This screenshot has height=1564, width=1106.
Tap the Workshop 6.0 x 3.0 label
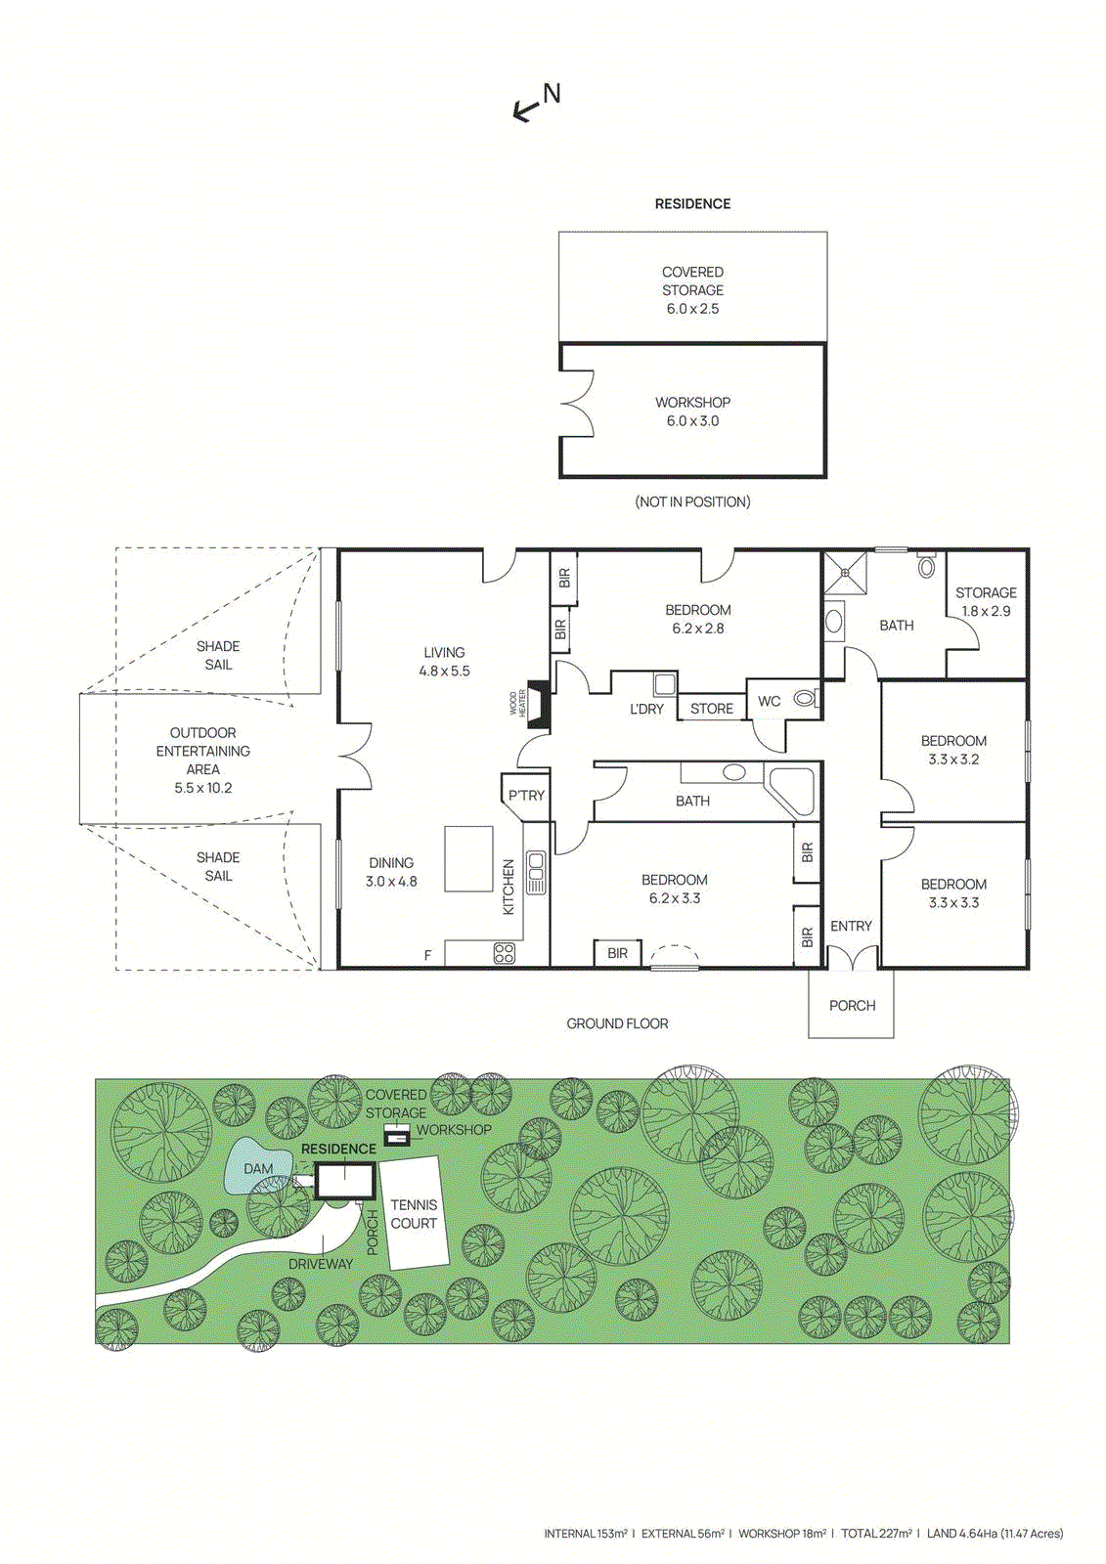692,412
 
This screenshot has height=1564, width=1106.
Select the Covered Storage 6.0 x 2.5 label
692,289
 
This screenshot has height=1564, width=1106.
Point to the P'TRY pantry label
525,795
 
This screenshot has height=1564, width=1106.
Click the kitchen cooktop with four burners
504,953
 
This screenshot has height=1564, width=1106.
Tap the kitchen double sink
536,873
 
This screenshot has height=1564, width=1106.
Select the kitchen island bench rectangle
468,858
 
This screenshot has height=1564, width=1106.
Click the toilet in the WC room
804,698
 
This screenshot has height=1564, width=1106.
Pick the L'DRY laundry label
646,709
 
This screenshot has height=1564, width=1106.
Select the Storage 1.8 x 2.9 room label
985,601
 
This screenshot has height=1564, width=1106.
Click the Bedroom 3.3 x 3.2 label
952,750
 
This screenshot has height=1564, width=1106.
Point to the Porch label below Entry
852,1005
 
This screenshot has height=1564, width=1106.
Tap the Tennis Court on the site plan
414,1213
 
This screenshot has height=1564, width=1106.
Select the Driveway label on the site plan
320,1264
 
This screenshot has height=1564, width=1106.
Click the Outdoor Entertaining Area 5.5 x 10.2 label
202,760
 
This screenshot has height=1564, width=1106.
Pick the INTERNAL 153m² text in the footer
585,1534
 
